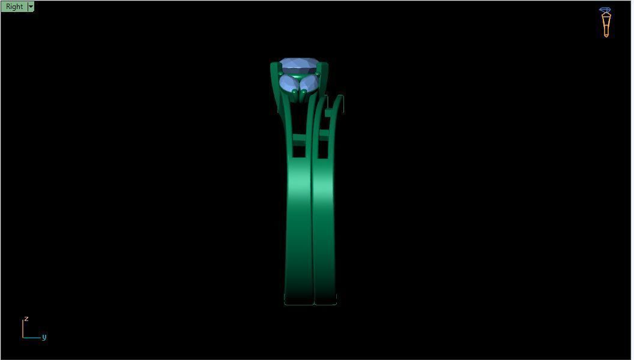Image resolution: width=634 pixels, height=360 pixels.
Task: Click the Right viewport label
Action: pos(14,7)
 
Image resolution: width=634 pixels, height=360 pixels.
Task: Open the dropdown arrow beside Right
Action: pos(31,7)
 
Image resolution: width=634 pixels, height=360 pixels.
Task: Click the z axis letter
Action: pos(26,319)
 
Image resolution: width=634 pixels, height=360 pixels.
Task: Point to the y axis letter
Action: pos(44,337)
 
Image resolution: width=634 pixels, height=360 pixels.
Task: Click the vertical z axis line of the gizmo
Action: pos(23,328)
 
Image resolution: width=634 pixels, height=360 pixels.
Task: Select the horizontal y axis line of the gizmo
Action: pos(32,338)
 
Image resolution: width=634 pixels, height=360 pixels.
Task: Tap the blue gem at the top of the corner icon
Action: pos(605,10)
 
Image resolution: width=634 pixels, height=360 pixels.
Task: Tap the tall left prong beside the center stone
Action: pos(274,84)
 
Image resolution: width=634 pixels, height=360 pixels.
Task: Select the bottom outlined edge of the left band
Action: pos(298,304)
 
